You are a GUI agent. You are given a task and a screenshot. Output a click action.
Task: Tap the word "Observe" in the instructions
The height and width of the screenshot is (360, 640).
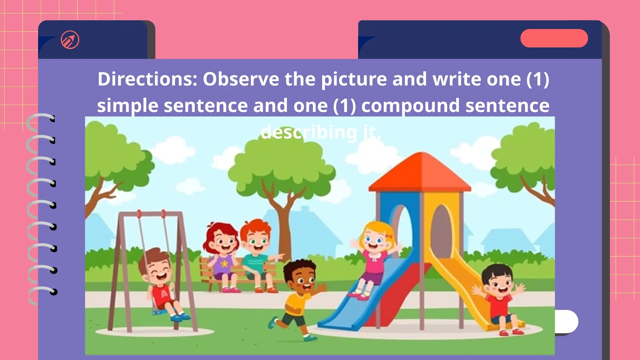pos(241,79)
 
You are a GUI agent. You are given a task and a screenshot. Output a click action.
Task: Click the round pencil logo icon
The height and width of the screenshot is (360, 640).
pos(70,40)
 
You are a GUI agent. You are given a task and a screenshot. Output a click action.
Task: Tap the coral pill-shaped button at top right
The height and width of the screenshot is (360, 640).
pos(554,38)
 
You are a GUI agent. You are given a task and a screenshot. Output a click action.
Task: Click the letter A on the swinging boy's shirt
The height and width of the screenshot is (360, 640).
pos(164,294)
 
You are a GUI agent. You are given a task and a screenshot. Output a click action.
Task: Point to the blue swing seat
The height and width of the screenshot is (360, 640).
pos(159,311)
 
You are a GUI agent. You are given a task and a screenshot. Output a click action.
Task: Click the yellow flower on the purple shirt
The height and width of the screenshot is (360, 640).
pos(224,263)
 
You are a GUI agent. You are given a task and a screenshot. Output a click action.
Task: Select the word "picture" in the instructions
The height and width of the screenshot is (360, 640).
pos(354,79)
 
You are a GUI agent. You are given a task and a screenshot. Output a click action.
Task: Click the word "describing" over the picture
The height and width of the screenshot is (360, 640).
pos(309,132)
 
